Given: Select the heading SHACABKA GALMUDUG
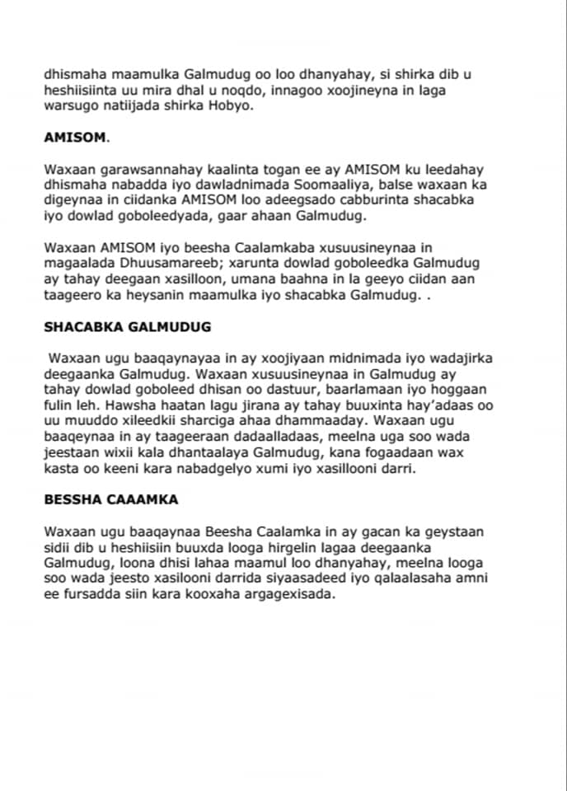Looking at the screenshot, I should pyautogui.click(x=127, y=326).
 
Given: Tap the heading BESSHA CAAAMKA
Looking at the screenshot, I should pyautogui.click(x=110, y=498).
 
